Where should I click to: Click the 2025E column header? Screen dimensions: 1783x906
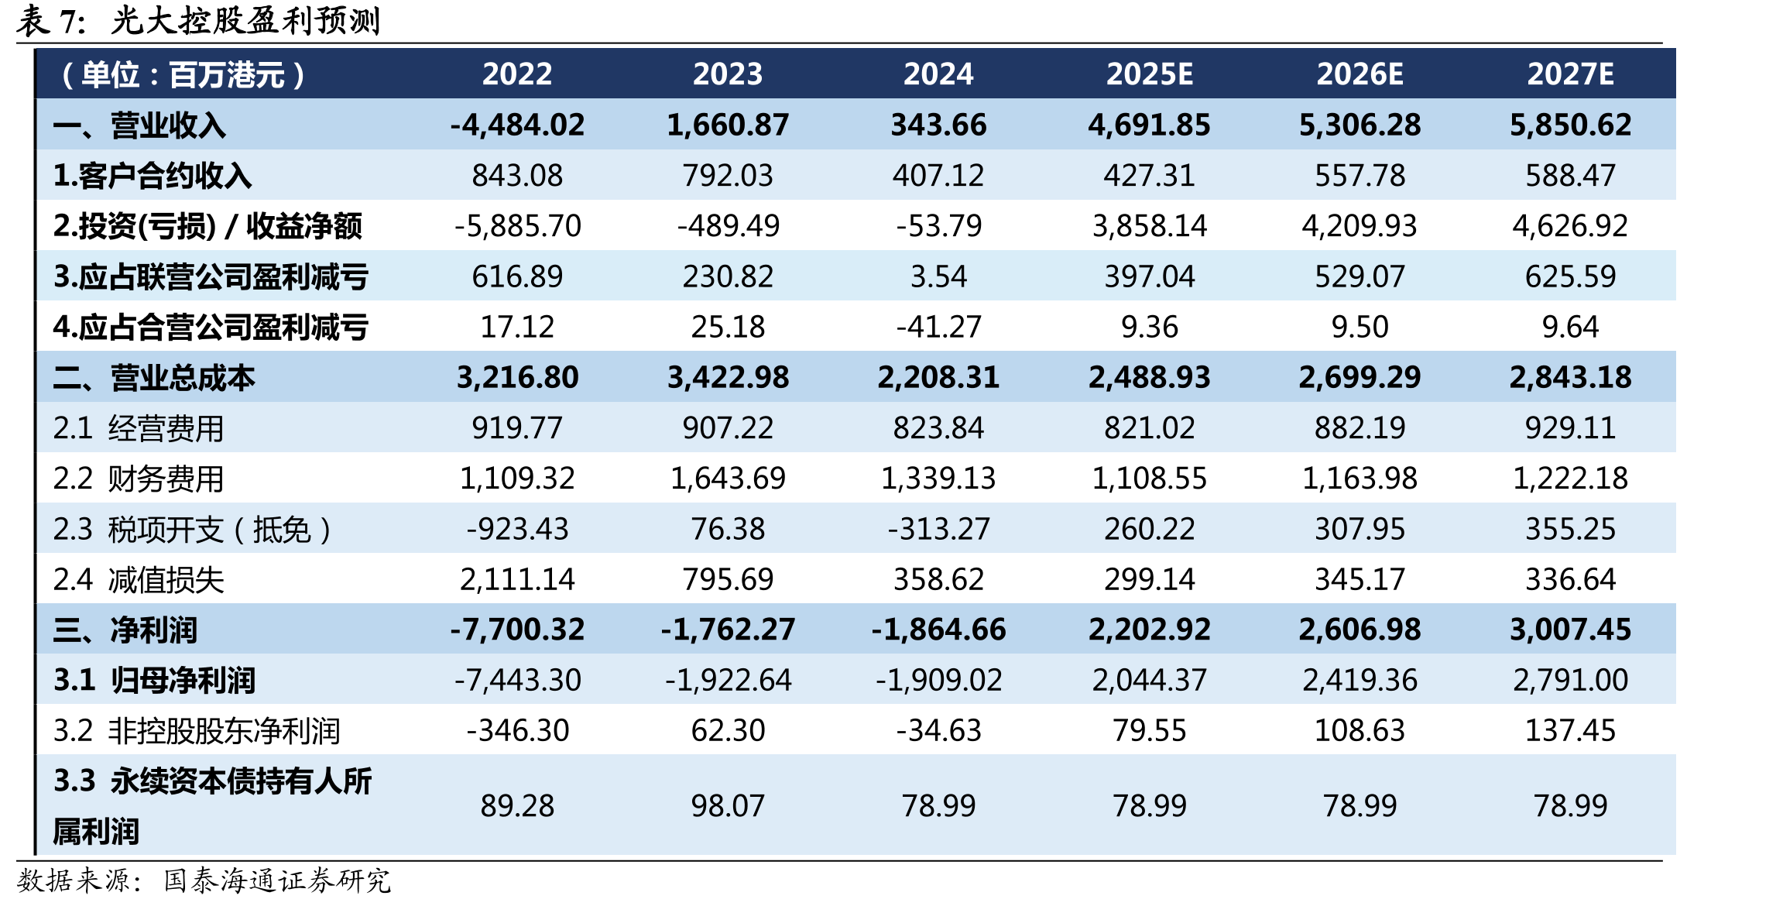coord(1149,74)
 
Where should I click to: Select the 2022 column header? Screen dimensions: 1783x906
coord(517,74)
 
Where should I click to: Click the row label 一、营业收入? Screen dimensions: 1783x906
coord(139,125)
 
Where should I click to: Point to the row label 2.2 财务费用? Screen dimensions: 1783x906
coord(139,479)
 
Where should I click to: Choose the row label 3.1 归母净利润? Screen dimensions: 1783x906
coord(154,681)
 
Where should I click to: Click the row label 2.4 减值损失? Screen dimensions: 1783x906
coord(139,580)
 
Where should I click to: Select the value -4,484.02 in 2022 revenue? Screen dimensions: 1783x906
coord(517,125)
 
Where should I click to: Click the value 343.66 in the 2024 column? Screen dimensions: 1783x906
coord(938,125)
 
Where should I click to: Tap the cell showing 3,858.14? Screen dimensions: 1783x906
coord(1149,226)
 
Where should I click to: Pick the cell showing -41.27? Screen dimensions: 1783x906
coord(938,327)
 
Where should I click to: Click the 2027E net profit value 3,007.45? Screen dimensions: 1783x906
coord(1570,630)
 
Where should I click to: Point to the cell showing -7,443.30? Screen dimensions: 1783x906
coord(517,681)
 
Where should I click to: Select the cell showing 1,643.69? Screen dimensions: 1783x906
coord(728,479)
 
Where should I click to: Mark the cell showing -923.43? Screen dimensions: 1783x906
coord(517,529)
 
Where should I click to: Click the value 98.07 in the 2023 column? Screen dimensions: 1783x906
coord(728,806)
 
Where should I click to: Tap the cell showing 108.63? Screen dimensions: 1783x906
coord(1360,730)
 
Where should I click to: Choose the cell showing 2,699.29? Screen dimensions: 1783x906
coord(1360,378)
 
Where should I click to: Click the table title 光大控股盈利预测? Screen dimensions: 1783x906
coord(245,21)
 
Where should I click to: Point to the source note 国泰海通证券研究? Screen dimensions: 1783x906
coord(277,881)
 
